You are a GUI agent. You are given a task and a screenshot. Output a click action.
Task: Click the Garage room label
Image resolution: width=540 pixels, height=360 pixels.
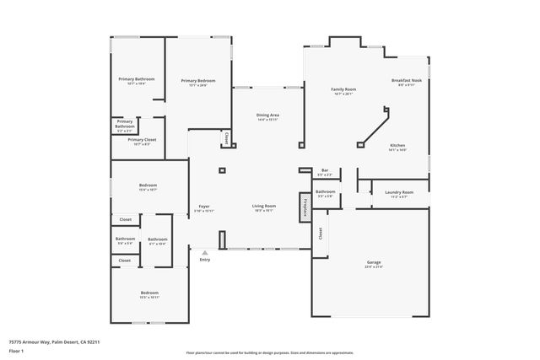click(x=374, y=263)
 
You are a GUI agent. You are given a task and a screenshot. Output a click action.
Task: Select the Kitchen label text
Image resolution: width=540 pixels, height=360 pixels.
click(x=397, y=146)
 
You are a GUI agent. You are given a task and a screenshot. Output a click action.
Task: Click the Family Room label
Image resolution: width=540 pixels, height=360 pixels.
click(x=343, y=89)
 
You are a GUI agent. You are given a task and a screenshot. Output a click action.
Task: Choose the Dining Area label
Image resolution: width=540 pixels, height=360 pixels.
click(x=267, y=116)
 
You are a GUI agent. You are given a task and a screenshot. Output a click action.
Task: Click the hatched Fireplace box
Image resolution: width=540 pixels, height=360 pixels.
click(x=303, y=207)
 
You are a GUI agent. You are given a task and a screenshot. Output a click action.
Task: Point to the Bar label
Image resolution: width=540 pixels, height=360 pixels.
click(x=325, y=171)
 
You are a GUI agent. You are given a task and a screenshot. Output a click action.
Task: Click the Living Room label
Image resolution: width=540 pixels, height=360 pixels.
click(x=264, y=207)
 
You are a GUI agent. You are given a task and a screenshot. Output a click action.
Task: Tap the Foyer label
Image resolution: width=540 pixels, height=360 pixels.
click(x=204, y=207)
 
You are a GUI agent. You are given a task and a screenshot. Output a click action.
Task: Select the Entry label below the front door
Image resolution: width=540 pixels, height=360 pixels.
click(x=204, y=260)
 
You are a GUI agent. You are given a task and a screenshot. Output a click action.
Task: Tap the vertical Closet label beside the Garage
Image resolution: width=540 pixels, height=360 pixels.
click(x=321, y=232)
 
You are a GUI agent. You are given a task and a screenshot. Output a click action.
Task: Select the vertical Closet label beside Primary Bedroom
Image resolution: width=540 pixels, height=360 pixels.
click(x=226, y=137)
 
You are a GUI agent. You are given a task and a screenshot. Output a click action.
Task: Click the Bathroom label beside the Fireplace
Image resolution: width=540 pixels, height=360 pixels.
click(x=326, y=192)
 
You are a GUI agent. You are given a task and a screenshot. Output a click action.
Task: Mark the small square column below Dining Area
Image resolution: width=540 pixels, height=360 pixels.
click(x=222, y=171)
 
